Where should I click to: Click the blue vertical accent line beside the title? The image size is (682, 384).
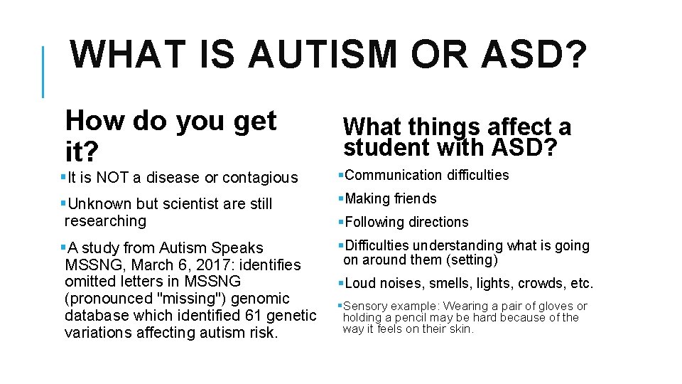(43, 72)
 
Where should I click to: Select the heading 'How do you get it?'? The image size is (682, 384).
(170, 135)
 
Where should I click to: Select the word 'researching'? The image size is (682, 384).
(105, 221)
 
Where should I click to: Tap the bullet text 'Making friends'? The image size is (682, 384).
(390, 198)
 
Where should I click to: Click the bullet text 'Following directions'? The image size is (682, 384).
(406, 222)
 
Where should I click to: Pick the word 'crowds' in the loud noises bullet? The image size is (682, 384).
(541, 283)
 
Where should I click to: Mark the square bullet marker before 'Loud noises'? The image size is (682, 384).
(340, 283)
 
